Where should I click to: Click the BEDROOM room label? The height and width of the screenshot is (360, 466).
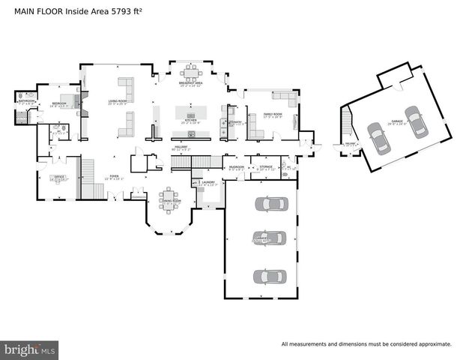tap(59, 103)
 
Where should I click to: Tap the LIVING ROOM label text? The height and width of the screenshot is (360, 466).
tap(118, 100)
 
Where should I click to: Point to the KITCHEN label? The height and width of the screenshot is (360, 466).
tap(190, 120)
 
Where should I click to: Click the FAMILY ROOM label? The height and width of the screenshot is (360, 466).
tap(271, 113)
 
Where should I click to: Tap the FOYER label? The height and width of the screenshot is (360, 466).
tap(112, 177)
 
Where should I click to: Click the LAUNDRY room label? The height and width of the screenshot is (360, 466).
tap(208, 182)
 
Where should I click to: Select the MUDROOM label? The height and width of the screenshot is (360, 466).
tap(237, 166)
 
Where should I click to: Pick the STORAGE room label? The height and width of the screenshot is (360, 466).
tap(266, 166)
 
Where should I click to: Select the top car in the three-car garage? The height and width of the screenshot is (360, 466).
tap(270, 204)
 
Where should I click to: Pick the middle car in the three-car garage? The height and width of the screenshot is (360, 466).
tap(270, 238)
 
